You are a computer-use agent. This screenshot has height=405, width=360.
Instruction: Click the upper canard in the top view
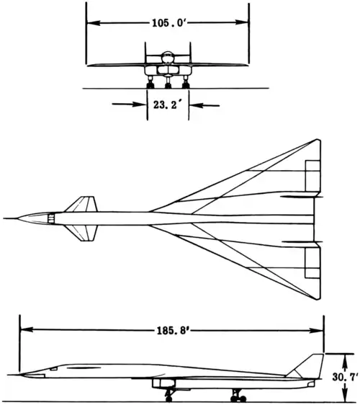tap(81, 204)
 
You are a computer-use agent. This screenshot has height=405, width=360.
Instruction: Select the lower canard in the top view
tap(81, 233)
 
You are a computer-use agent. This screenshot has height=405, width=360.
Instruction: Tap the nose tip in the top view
tap(4, 218)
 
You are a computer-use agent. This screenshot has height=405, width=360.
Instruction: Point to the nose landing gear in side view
tap(169, 395)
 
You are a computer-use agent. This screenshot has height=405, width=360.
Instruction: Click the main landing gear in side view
tap(238, 395)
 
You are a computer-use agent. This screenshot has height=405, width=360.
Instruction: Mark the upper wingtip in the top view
tap(318, 140)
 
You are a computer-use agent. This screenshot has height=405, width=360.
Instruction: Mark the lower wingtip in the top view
tap(318, 299)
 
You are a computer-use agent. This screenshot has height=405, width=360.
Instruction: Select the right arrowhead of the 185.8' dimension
tap(317, 331)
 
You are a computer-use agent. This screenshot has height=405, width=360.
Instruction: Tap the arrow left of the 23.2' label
tap(129, 104)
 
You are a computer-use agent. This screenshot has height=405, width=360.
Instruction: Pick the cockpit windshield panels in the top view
tap(52, 218)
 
